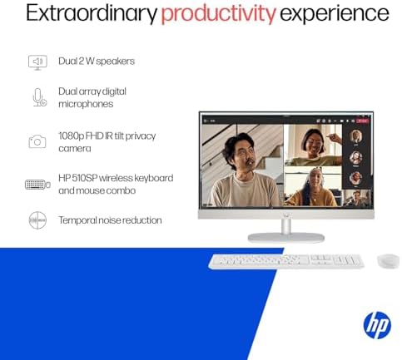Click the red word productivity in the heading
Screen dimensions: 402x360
[219, 13]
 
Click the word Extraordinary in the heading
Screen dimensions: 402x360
[92, 13]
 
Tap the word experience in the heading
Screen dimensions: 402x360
[335, 14]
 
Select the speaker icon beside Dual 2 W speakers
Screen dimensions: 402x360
[37, 62]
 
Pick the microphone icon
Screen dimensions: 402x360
[39, 97]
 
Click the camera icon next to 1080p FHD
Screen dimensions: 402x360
[37, 141]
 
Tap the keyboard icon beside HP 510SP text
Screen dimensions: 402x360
[37, 185]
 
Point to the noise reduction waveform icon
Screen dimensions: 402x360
[37, 220]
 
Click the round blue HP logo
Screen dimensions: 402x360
[377, 325]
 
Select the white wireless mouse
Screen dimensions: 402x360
[388, 261]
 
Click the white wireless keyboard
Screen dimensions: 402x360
[286, 261]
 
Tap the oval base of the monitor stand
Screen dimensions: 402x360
[286, 238]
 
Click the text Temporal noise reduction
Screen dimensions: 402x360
[110, 220]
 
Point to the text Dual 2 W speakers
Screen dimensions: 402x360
[97, 62]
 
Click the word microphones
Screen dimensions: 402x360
[86, 104]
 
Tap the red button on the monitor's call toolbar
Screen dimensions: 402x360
[363, 121]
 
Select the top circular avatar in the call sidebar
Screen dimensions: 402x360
[355, 136]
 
